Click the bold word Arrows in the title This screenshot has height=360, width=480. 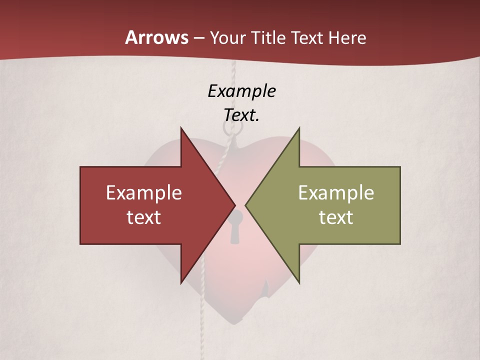pyautogui.click(x=156, y=37)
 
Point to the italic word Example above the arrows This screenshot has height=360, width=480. pyautogui.click(x=241, y=91)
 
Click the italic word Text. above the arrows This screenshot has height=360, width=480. pyautogui.click(x=241, y=115)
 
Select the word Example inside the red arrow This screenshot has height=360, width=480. pyautogui.click(x=144, y=192)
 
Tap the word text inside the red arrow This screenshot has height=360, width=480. pyautogui.click(x=144, y=217)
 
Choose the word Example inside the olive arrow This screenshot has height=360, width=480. pyautogui.click(x=336, y=192)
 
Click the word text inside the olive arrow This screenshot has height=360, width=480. pyautogui.click(x=336, y=217)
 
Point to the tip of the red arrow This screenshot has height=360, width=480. pyautogui.click(x=235, y=205)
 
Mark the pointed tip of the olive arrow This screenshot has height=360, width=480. pyautogui.click(x=245, y=205)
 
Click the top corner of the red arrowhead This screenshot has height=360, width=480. pyautogui.click(x=181, y=128)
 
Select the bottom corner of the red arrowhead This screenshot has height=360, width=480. pyautogui.click(x=181, y=283)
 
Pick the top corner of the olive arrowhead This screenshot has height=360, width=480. pyautogui.click(x=299, y=128)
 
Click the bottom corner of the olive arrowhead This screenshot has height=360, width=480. pyautogui.click(x=299, y=283)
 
